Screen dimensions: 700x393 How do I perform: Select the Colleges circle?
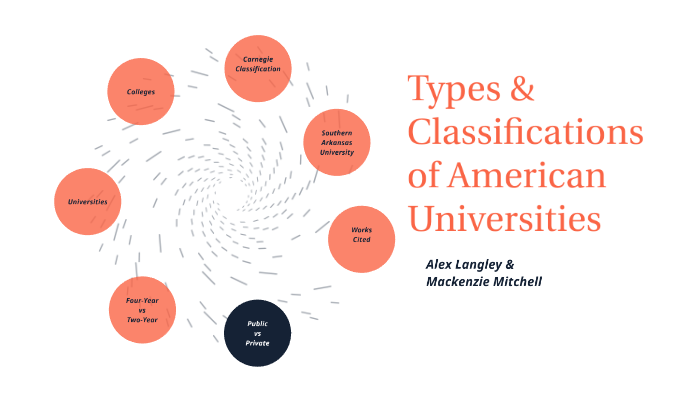click(140, 92)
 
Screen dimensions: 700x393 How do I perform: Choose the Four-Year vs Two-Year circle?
click(142, 310)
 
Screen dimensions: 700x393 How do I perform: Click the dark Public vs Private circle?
click(257, 334)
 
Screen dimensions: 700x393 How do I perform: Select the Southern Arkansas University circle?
click(337, 142)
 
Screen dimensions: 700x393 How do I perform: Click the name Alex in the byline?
click(441, 264)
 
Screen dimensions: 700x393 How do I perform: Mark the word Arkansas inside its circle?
click(337, 142)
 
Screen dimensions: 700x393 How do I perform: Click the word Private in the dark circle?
click(257, 343)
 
